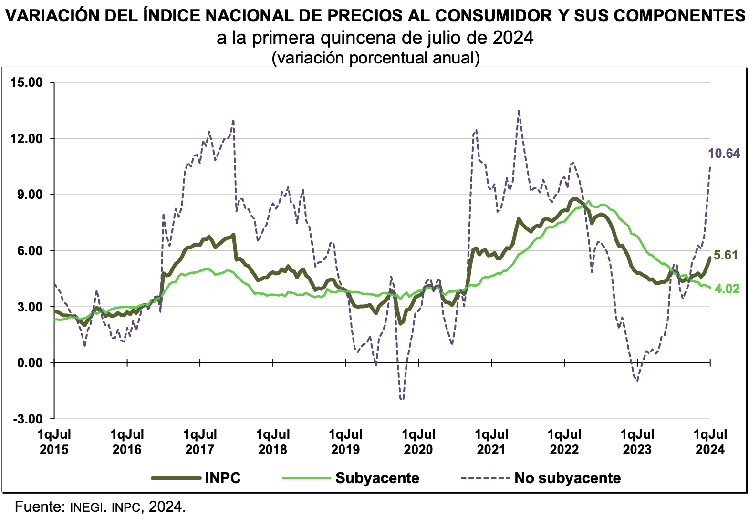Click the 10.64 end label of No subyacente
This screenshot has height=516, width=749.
click(724, 154)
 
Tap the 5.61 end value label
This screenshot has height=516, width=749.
click(726, 255)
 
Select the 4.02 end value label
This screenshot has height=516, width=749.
click(727, 289)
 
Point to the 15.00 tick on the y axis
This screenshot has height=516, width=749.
click(26, 83)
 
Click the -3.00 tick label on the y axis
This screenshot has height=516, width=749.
click(28, 419)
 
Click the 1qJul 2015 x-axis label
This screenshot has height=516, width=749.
click(54, 442)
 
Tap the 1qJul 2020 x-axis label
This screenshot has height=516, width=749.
click(418, 442)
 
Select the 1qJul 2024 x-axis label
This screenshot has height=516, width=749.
click(710, 442)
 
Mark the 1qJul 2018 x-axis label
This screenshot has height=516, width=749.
click(272, 442)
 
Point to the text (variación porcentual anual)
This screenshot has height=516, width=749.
click(375, 58)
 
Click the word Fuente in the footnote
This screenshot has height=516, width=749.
click(39, 506)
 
